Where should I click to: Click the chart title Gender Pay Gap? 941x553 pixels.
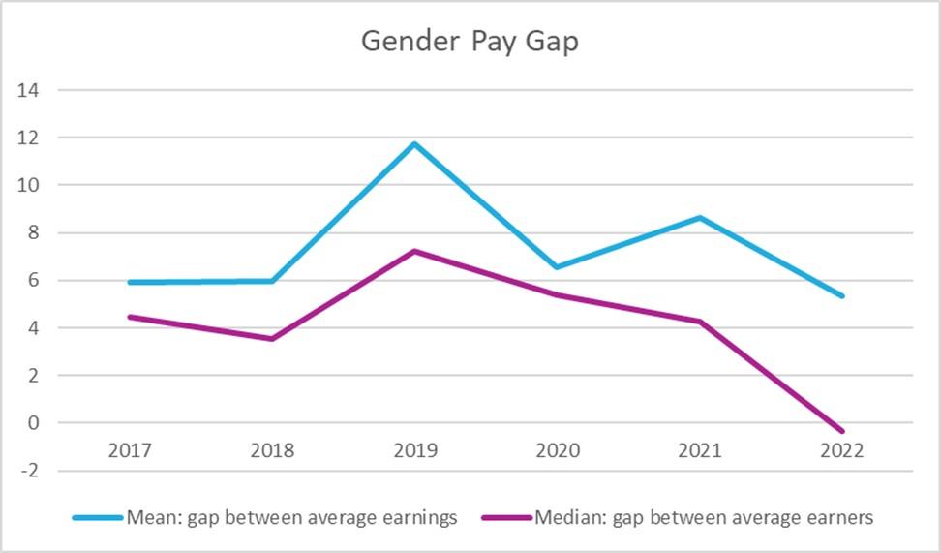pyautogui.click(x=470, y=41)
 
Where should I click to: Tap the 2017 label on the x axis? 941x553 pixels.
pyautogui.click(x=130, y=450)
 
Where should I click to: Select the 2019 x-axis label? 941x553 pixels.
pyautogui.click(x=415, y=450)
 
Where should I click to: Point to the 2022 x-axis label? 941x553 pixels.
pyautogui.click(x=842, y=450)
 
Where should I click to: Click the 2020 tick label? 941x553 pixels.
pyautogui.click(x=558, y=450)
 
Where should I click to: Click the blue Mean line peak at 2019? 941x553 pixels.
pyautogui.click(x=415, y=144)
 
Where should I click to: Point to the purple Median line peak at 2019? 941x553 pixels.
pyautogui.click(x=415, y=252)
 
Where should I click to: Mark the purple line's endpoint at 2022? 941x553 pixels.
pyautogui.click(x=842, y=431)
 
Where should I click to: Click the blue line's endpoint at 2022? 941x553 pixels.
pyautogui.click(x=842, y=296)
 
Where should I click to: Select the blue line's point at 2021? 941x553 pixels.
pyautogui.click(x=700, y=218)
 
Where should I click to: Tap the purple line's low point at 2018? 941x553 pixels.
pyautogui.click(x=273, y=339)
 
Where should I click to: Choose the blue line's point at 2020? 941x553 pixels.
pyautogui.click(x=558, y=267)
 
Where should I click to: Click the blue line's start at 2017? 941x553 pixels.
pyautogui.click(x=130, y=283)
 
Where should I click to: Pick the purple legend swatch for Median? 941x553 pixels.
pyautogui.click(x=506, y=518)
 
